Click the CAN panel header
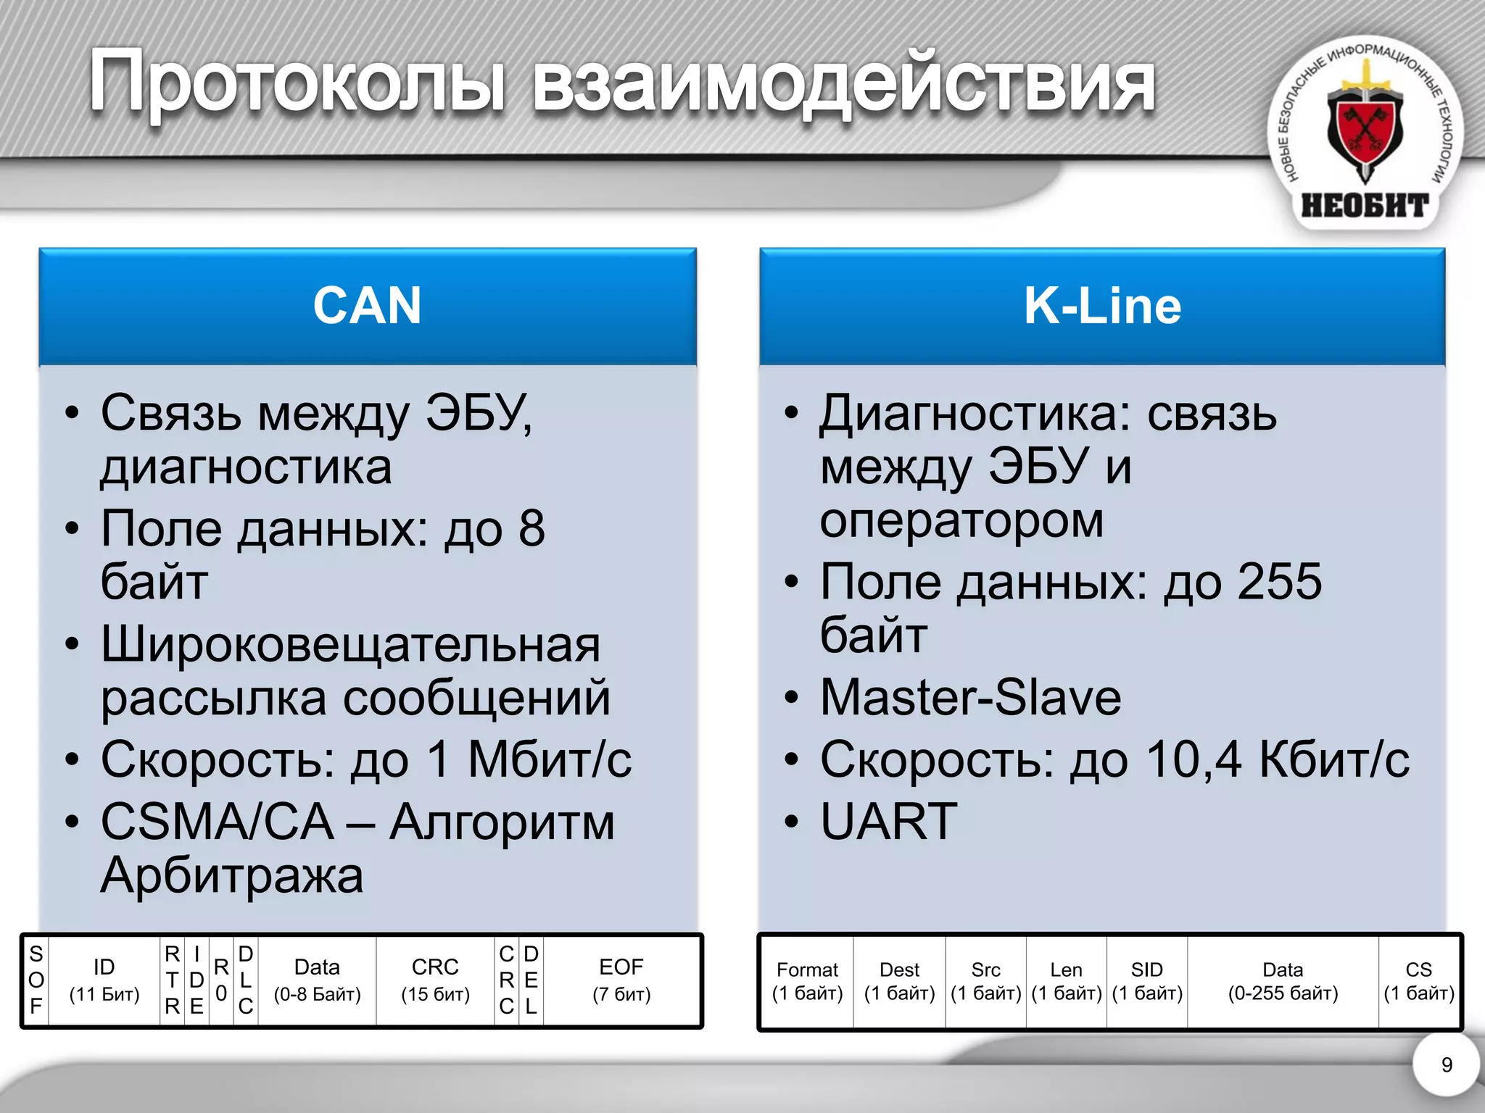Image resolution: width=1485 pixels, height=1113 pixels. point(367,306)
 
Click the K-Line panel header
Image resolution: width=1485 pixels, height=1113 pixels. point(1101,306)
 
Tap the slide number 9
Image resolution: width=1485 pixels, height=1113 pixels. point(1447,1064)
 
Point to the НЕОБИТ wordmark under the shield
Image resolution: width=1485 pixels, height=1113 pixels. point(1365,206)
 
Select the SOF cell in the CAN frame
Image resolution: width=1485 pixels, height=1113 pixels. point(36,980)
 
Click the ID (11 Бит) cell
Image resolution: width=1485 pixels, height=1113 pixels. point(104,980)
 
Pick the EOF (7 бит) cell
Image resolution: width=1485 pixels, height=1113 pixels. point(621,980)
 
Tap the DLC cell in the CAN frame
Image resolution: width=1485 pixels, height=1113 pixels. point(246,980)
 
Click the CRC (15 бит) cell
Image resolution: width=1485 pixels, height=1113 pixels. point(435,980)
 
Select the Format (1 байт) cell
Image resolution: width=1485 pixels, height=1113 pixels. point(807,981)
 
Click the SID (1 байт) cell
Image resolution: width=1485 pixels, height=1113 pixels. point(1147,981)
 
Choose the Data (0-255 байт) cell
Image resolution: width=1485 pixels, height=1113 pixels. point(1283,981)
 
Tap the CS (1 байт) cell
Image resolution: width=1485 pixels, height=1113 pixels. point(1419,981)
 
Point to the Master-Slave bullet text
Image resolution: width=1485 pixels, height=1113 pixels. point(970,697)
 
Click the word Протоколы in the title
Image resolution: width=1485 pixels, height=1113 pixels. point(297,83)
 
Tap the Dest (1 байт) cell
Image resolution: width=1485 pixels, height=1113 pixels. point(899,981)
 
